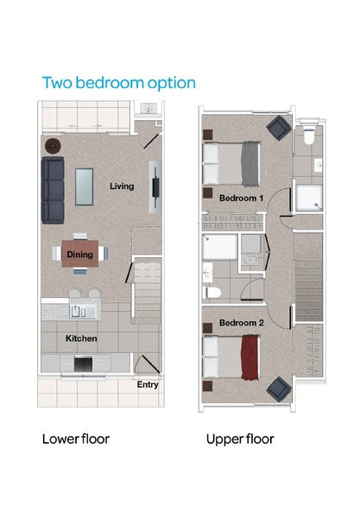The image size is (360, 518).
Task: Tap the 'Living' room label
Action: [x=122, y=186]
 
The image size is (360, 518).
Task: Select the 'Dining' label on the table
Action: [x=80, y=255]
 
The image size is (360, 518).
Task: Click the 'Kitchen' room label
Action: [x=82, y=338]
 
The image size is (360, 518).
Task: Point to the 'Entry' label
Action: [x=148, y=385]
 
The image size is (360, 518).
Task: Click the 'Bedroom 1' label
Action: [x=241, y=198]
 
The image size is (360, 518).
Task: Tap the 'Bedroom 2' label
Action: [x=241, y=322]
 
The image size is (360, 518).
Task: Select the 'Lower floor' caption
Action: [x=76, y=439]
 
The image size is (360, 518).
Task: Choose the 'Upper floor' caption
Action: [x=240, y=439]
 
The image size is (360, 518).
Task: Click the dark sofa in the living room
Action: [x=54, y=189]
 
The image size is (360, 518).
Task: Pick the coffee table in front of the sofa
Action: [x=85, y=186]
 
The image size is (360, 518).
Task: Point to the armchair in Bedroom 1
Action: [x=278, y=129]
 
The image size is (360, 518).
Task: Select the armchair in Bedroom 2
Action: [x=278, y=389]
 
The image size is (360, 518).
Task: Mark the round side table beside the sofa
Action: [x=53, y=147]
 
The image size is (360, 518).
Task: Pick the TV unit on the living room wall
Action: [x=155, y=187]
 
